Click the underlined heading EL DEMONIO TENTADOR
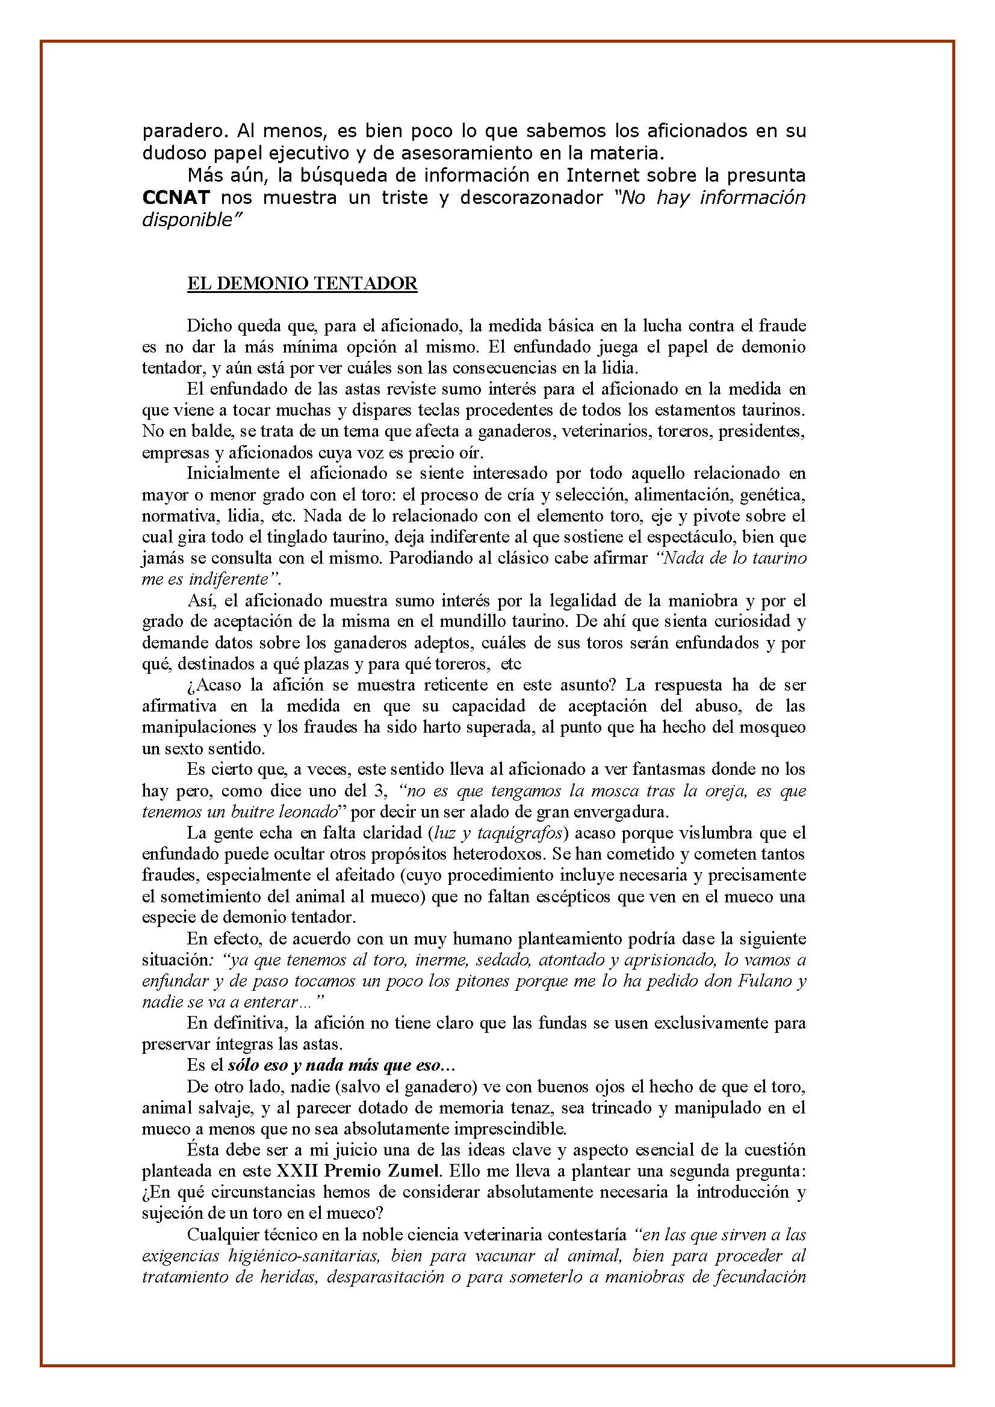click(302, 283)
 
